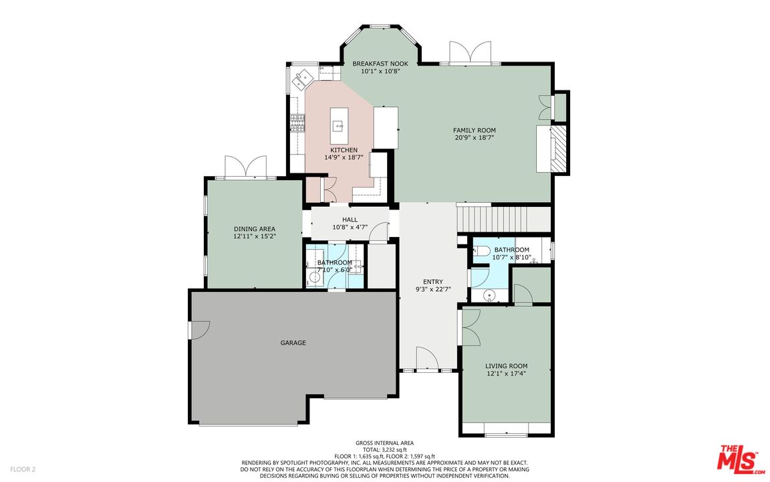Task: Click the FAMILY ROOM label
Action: coord(474,131)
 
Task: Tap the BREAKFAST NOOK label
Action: coord(380,64)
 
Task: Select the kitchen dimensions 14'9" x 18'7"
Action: coord(344,157)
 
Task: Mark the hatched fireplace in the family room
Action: coord(558,149)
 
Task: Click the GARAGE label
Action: coord(293,343)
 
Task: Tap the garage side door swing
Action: coord(199,330)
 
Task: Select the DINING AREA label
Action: coord(255,229)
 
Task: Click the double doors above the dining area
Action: coord(245,167)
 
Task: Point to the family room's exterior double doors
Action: coord(471,52)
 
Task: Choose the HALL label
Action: coord(350,220)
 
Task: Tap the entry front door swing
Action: coord(427,358)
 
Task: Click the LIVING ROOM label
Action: coord(506,366)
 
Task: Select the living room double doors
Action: coord(471,327)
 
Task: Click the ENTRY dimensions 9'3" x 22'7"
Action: coord(433,289)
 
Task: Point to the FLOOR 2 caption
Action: coord(23,469)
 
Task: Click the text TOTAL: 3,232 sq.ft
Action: coord(384,450)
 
